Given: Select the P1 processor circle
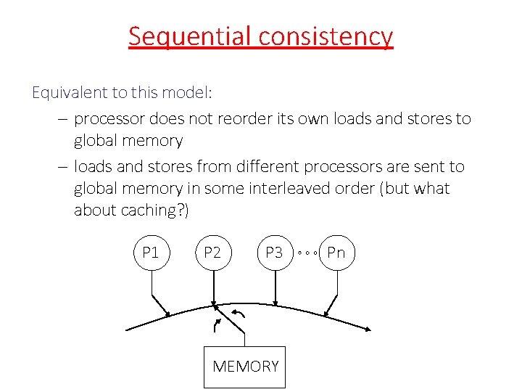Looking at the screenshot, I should [x=151, y=253].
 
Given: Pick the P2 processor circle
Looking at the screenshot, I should [x=212, y=253].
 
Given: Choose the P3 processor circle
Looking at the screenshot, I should [x=274, y=253].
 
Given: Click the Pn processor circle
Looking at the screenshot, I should [x=337, y=253].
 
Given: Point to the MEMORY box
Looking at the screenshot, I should [x=245, y=366].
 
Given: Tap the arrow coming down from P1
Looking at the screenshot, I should [x=159, y=303].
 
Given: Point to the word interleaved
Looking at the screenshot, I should [x=346, y=188].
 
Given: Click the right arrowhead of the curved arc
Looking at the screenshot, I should [x=368, y=329].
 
